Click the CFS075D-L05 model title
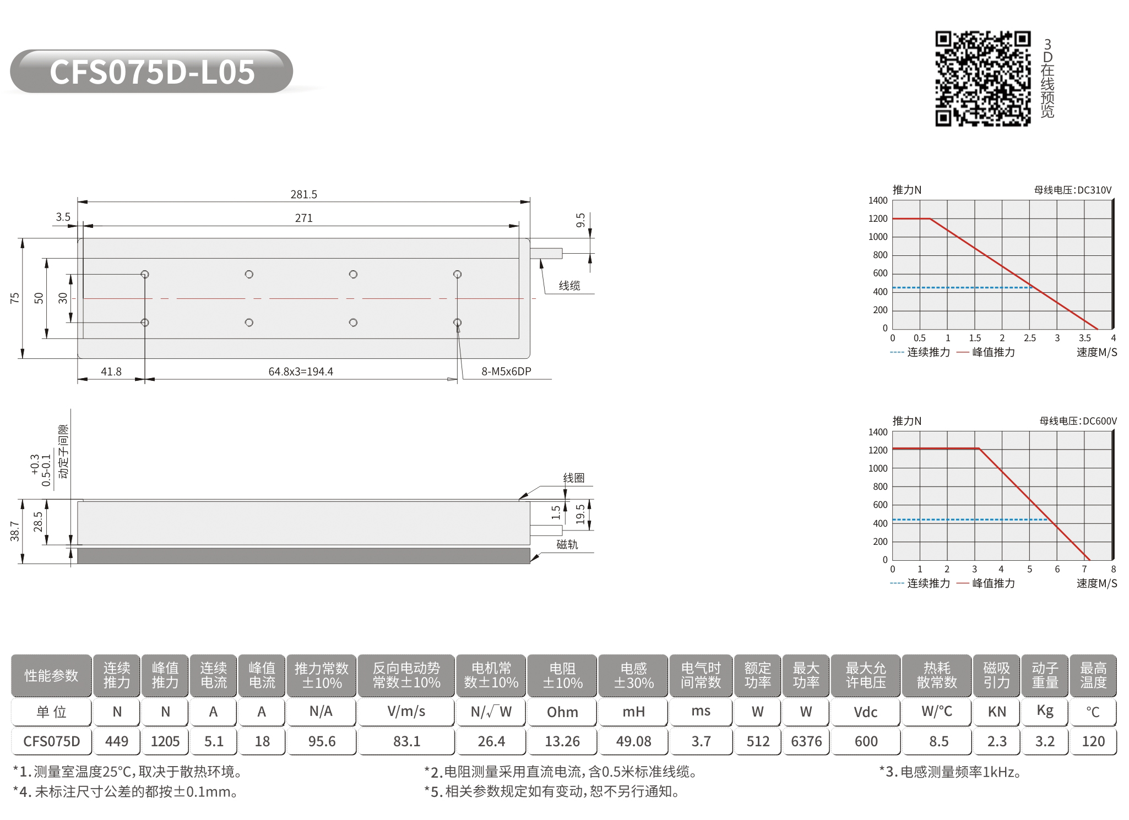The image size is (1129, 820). [x=152, y=72]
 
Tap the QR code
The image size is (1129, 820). [x=983, y=79]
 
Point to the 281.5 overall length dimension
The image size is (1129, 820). [x=303, y=194]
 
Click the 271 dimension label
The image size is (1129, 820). [x=303, y=218]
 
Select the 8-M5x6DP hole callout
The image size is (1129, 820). [x=506, y=371]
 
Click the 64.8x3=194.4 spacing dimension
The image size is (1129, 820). [x=301, y=371]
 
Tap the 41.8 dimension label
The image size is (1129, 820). [x=111, y=371]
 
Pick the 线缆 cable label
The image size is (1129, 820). [x=569, y=285]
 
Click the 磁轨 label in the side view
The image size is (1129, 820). [x=567, y=544]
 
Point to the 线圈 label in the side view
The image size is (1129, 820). [x=573, y=478]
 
